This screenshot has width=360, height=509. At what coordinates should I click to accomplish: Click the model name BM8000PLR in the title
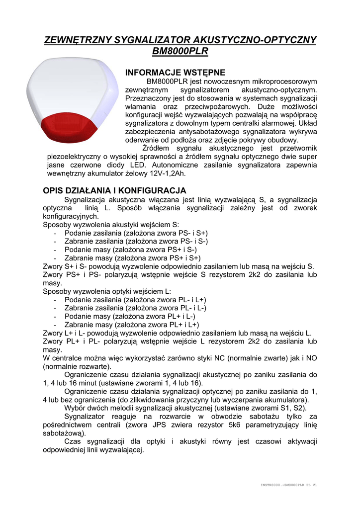180,51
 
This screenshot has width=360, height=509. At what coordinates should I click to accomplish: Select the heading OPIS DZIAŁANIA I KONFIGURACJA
115,190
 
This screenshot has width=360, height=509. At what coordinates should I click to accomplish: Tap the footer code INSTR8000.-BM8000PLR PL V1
289,485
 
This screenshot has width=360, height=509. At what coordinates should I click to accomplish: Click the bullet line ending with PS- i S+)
136,233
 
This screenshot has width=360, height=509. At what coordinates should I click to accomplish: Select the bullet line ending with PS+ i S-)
131,250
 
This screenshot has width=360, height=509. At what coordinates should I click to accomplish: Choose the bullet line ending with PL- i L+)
135,300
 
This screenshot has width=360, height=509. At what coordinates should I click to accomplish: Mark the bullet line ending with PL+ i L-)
130,316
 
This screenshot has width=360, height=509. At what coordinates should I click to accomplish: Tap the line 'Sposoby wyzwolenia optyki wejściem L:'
107,291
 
